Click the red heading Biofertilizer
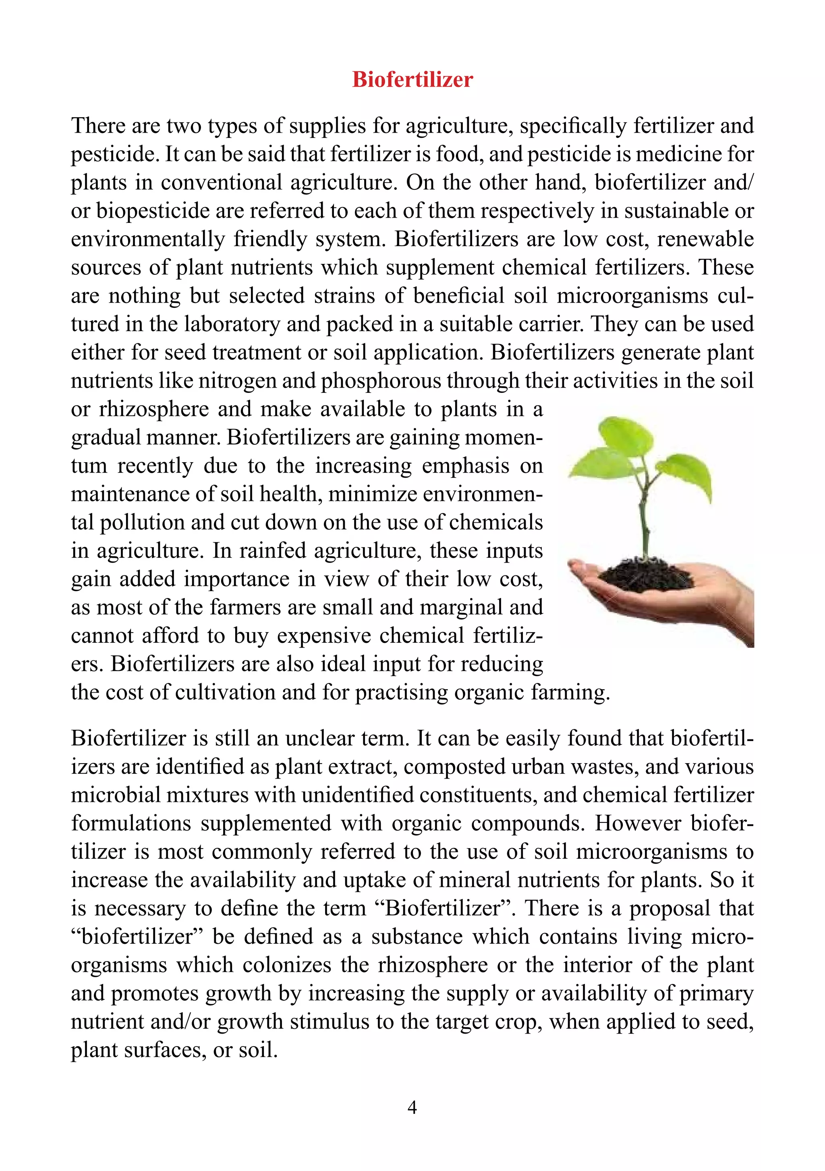[412, 79]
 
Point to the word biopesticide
[152, 211]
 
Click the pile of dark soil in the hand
[645, 576]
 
